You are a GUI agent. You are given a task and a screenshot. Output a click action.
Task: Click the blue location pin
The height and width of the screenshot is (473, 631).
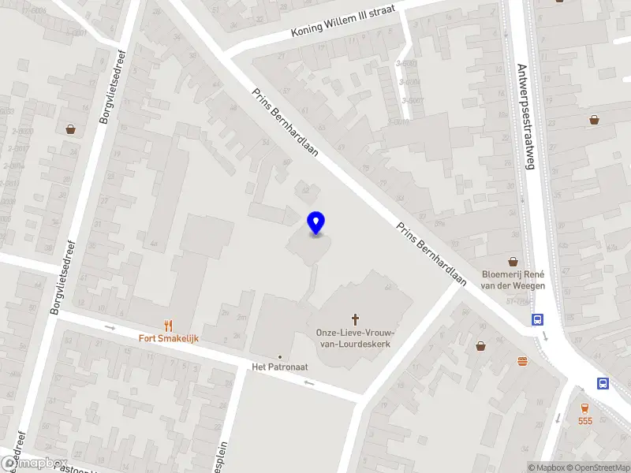click(316, 223)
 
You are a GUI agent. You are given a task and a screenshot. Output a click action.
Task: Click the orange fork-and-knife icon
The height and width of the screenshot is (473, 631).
click(167, 325)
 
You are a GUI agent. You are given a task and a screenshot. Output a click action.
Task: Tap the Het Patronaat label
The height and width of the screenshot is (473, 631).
click(279, 367)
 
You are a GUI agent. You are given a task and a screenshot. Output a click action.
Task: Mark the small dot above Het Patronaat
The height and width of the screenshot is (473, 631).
click(279, 356)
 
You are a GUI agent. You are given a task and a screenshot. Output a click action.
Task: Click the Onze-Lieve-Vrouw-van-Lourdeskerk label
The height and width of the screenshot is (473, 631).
click(355, 339)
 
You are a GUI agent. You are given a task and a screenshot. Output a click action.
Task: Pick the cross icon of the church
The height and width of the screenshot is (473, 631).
click(355, 319)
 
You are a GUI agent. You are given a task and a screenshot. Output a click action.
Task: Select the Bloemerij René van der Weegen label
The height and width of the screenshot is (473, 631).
click(513, 280)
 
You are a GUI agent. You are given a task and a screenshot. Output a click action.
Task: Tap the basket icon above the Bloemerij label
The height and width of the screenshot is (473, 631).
click(513, 261)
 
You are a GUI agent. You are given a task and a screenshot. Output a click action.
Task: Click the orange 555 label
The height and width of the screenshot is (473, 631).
click(584, 421)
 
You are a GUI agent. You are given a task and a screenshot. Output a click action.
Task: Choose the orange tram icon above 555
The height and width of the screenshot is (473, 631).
click(584, 408)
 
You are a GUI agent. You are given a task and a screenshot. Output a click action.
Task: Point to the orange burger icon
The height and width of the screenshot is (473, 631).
click(522, 361)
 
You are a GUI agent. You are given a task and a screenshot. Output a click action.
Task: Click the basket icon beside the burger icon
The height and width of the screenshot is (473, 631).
click(480, 345)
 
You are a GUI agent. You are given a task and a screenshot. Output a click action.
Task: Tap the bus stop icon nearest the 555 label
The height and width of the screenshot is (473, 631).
click(603, 384)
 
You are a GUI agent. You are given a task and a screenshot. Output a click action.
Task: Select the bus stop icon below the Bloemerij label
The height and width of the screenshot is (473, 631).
click(537, 319)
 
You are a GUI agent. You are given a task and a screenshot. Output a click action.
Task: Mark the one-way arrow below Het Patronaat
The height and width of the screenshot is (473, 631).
click(308, 383)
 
